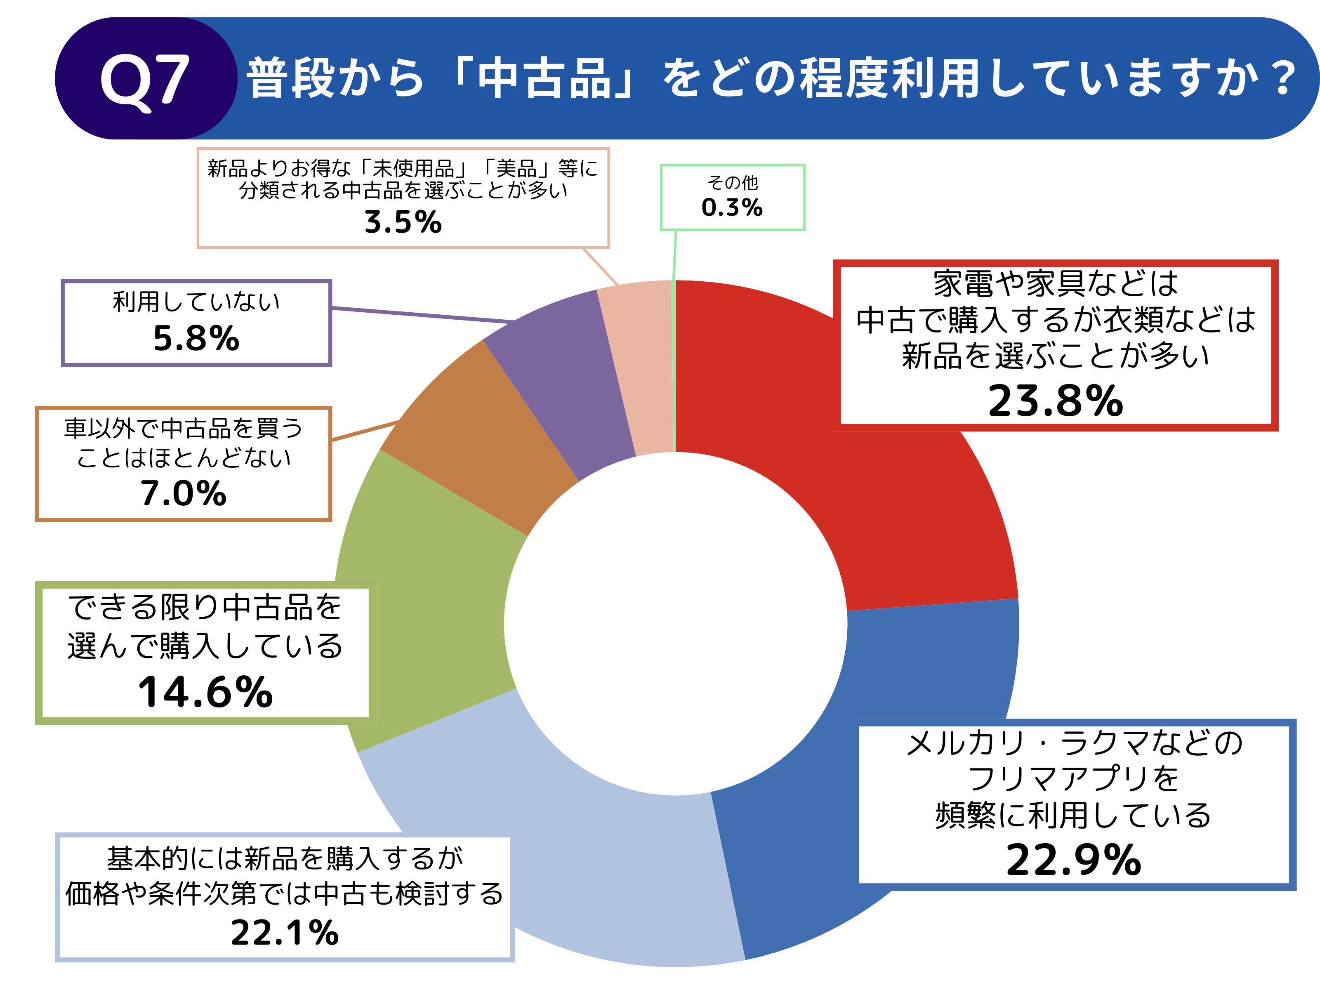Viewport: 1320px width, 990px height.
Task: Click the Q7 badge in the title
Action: [x=145, y=79]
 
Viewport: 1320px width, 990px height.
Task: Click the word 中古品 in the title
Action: [x=546, y=79]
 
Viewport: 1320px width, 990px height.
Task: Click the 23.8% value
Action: [x=1055, y=401]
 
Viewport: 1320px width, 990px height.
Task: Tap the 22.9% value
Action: [x=1073, y=860]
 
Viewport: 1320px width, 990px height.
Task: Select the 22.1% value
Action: [x=285, y=933]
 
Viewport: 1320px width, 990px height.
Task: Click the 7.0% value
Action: [x=183, y=493]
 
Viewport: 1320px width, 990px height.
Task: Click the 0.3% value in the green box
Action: [x=732, y=207]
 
